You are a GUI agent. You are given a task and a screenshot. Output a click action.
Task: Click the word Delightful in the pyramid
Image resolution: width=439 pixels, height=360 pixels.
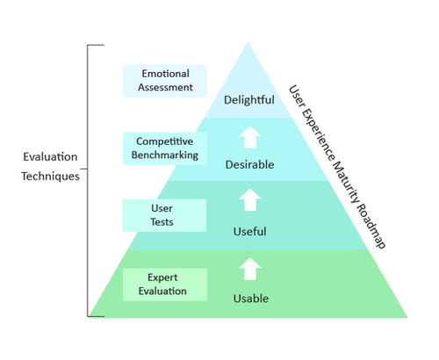pyautogui.click(x=249, y=100)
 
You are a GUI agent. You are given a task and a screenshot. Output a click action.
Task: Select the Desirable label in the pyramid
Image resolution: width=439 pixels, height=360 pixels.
pyautogui.click(x=249, y=164)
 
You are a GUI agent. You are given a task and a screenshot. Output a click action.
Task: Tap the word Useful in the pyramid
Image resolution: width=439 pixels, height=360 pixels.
pyautogui.click(x=250, y=232)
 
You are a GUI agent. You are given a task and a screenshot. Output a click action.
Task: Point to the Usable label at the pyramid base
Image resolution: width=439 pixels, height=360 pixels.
pyautogui.click(x=251, y=299)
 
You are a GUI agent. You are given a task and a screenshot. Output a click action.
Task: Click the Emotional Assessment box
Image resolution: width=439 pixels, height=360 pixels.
pyautogui.click(x=165, y=81)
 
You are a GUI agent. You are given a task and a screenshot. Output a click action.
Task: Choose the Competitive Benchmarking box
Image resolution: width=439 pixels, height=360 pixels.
pyautogui.click(x=165, y=148)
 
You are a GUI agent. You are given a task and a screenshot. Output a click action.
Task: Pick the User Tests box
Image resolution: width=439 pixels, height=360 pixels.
pyautogui.click(x=164, y=215)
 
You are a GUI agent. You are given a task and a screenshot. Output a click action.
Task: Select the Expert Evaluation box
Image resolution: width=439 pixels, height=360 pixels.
pyautogui.click(x=165, y=284)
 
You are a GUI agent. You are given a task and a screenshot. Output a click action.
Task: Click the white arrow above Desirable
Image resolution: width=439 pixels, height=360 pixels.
pyautogui.click(x=250, y=137)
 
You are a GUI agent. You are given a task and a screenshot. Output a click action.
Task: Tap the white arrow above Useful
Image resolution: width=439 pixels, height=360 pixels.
pyautogui.click(x=250, y=199)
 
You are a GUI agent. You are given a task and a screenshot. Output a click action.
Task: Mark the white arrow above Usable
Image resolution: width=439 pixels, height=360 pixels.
pyautogui.click(x=250, y=269)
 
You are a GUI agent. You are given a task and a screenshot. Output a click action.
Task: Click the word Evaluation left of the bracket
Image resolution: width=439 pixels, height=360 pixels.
pyautogui.click(x=50, y=157)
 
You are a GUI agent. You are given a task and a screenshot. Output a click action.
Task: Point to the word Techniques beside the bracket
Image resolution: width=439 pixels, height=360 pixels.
pyautogui.click(x=50, y=176)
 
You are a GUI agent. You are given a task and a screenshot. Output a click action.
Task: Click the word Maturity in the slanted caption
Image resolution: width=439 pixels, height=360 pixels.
pyautogui.click(x=345, y=182)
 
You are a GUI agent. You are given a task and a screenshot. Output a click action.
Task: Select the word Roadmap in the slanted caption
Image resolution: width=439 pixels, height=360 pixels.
pyautogui.click(x=371, y=226)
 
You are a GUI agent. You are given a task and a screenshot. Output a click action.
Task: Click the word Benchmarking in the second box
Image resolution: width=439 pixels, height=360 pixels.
pyautogui.click(x=165, y=155)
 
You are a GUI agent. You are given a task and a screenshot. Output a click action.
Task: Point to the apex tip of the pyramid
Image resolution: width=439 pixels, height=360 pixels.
pyautogui.click(x=248, y=43)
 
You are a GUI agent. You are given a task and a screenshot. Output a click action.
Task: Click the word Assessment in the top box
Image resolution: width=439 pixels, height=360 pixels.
pyautogui.click(x=165, y=87)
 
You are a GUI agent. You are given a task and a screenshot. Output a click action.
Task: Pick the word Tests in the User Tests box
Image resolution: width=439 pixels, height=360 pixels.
pyautogui.click(x=162, y=222)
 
